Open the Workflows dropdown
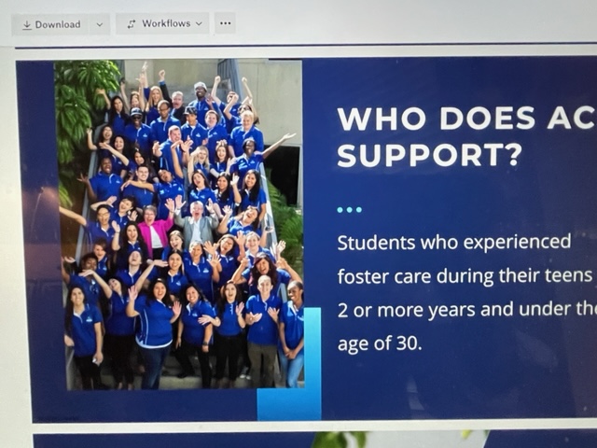tap(162, 23)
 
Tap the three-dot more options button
tap(225, 23)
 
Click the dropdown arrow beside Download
tap(100, 25)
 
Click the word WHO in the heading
tap(382, 119)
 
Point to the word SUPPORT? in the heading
tap(428, 155)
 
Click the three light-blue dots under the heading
tap(350, 209)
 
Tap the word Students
tap(376, 243)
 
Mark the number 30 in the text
tap(409, 343)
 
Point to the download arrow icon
tap(27, 25)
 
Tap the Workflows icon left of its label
tap(132, 24)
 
